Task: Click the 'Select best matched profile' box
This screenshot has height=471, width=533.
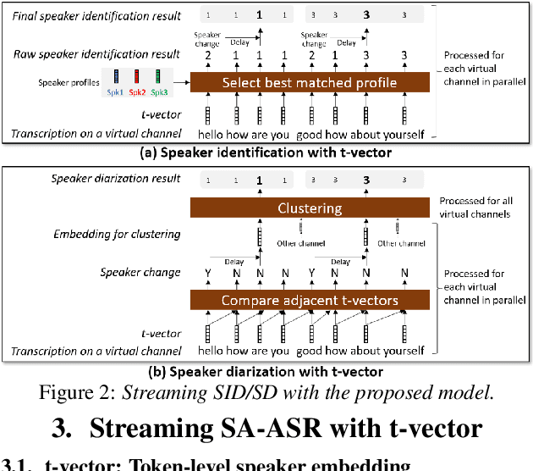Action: click(x=310, y=82)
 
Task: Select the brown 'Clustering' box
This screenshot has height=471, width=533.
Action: click(x=310, y=208)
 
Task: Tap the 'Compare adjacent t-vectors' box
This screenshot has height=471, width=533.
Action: click(x=310, y=300)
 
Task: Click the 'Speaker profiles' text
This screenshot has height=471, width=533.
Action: click(x=69, y=83)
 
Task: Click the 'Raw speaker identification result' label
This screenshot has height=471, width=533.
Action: click(x=96, y=55)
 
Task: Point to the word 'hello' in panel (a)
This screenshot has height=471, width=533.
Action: click(x=213, y=135)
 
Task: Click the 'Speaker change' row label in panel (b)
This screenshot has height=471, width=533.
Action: click(x=140, y=272)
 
